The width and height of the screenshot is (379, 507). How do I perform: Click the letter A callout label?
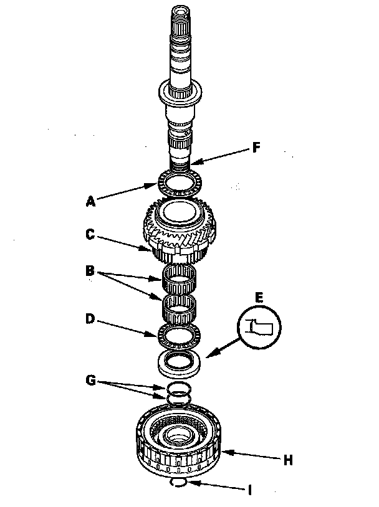click(91, 201)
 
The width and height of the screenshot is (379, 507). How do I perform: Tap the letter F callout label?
click(256, 148)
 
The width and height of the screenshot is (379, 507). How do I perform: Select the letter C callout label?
click(90, 234)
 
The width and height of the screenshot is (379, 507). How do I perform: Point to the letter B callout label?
click(90, 270)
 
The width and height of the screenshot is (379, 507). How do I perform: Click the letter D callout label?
click(90, 319)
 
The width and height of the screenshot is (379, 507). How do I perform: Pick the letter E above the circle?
click(259, 298)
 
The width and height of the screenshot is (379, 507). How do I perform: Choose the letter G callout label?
click(91, 380)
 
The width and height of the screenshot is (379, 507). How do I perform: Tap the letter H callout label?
click(288, 460)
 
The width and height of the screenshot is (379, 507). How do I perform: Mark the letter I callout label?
click(249, 490)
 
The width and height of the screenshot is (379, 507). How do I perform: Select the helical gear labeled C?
click(180, 230)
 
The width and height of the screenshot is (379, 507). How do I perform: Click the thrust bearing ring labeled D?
click(179, 336)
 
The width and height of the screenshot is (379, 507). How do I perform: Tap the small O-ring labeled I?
click(178, 482)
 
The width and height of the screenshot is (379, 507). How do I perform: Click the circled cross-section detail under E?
click(259, 327)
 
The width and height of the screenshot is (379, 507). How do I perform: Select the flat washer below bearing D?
click(179, 363)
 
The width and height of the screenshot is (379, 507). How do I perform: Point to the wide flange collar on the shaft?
click(180, 93)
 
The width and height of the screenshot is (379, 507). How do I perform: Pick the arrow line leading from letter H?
click(251, 455)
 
